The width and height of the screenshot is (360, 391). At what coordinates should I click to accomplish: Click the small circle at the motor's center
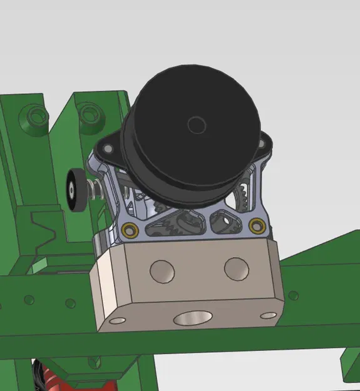[197, 125]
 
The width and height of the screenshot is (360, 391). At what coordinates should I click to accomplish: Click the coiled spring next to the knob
[95, 188]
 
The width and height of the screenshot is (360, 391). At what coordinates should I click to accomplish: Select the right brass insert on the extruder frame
[255, 224]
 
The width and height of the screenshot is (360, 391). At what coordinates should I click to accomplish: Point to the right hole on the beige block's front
[236, 268]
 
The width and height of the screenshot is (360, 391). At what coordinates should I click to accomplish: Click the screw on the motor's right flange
[262, 143]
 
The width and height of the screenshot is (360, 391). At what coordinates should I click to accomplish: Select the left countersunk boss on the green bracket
[34, 116]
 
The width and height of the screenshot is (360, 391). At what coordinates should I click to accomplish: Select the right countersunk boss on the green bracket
[89, 113]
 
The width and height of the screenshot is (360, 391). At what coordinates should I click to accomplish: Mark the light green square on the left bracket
[39, 266]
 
